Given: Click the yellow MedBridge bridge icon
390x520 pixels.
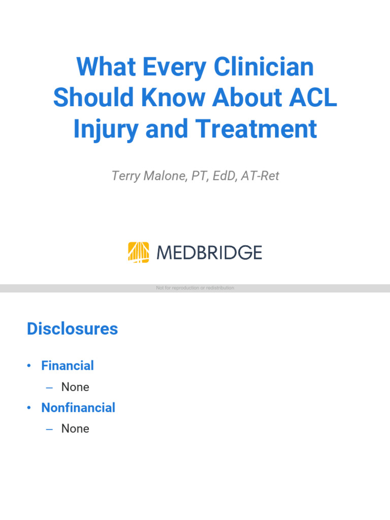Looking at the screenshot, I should tap(139, 252).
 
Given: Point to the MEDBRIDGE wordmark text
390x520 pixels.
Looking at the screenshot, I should tap(209, 252).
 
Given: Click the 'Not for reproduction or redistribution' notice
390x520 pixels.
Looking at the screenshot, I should tap(195, 288).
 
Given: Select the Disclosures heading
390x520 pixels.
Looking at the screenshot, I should tap(72, 329).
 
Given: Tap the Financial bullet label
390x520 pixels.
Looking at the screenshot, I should tap(68, 366).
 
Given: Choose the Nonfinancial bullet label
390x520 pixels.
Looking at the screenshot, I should tap(78, 407).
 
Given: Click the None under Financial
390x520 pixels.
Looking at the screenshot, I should tap(75, 387).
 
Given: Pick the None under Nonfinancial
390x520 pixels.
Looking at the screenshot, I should tap(75, 429).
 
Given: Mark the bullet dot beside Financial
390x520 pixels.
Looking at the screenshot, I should tap(29, 366).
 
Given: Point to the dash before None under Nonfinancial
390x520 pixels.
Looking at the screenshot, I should tap(49, 429).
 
